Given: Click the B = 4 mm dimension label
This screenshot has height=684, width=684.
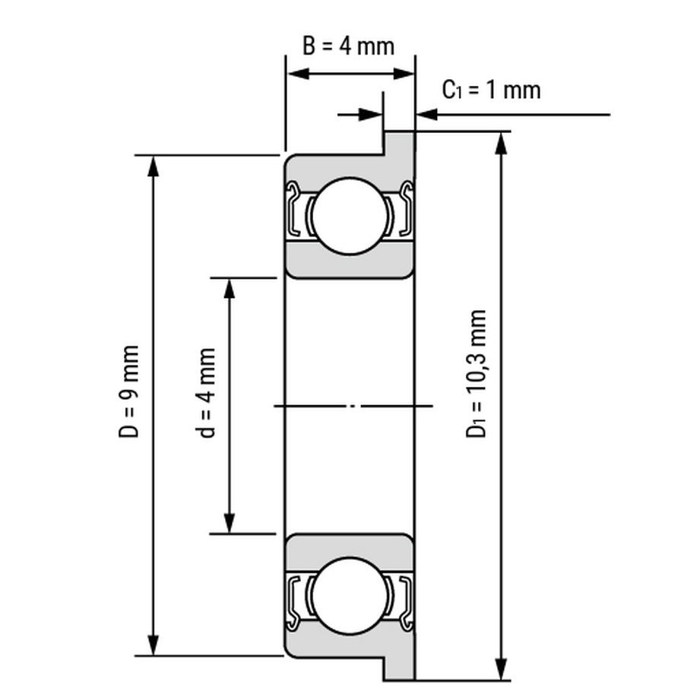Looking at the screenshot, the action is click(349, 46).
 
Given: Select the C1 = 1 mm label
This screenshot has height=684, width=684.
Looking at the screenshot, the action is click(491, 90).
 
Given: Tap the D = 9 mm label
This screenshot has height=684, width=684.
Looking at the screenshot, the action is click(128, 391).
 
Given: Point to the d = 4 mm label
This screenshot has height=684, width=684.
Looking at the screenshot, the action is click(206, 393).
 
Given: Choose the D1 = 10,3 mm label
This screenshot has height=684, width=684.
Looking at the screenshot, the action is click(477, 373).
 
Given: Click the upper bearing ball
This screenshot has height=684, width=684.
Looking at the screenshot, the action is click(350, 216).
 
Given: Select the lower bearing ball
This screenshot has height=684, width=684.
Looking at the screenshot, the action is click(350, 596).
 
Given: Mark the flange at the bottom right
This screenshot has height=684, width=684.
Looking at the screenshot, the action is click(399, 667).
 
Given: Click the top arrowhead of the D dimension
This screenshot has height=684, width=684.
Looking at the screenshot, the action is click(153, 166).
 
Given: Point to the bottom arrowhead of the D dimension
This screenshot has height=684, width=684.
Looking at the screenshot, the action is click(153, 644).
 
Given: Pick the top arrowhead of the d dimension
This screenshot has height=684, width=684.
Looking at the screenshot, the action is click(230, 289).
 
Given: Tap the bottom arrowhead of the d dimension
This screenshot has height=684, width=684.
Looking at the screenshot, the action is click(230, 523).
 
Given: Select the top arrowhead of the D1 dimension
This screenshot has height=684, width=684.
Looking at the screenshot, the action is click(502, 143).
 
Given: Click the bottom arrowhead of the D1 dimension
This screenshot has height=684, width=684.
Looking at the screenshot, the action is click(502, 669).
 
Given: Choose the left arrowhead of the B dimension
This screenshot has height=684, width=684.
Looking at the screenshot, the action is click(299, 74).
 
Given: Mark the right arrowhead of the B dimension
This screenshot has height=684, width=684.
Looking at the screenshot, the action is click(404, 74).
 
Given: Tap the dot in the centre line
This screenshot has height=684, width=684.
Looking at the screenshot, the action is click(353, 406).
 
